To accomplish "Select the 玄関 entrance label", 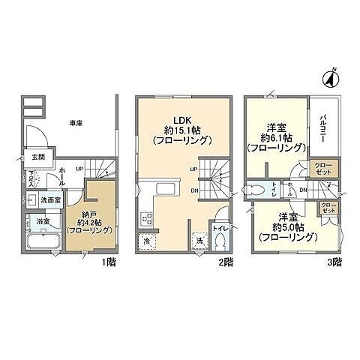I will (37, 157).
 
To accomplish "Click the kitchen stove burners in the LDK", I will (145, 219).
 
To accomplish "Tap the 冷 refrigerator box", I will (146, 241).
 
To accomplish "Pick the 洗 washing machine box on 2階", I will (199, 241).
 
